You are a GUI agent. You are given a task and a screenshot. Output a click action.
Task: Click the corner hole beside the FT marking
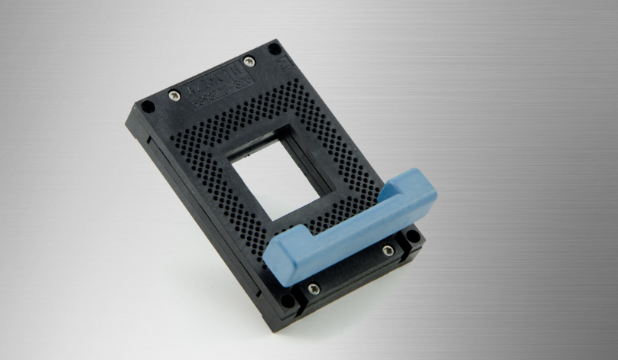point(272,47)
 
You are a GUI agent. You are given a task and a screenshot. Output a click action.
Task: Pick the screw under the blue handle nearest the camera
point(313,288)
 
